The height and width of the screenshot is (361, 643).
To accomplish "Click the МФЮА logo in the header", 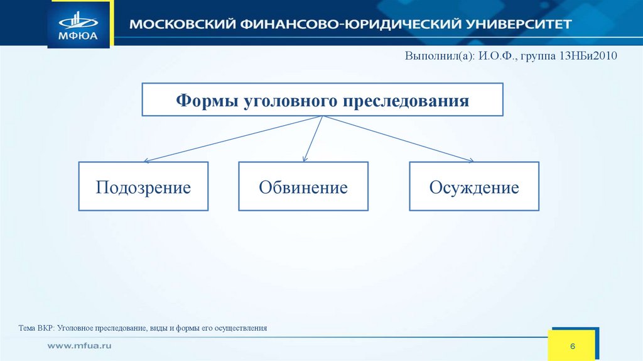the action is click(x=78, y=24).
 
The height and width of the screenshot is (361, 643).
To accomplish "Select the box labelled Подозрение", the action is click(x=143, y=187).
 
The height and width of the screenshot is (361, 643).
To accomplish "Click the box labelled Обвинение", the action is click(x=303, y=187).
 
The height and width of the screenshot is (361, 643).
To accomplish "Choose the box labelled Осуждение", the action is click(x=474, y=187).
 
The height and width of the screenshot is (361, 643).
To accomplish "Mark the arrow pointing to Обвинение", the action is click(x=312, y=139).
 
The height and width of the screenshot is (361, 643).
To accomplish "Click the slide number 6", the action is click(x=573, y=347).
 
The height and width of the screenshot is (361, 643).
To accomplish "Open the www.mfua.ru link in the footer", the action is click(x=80, y=346).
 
